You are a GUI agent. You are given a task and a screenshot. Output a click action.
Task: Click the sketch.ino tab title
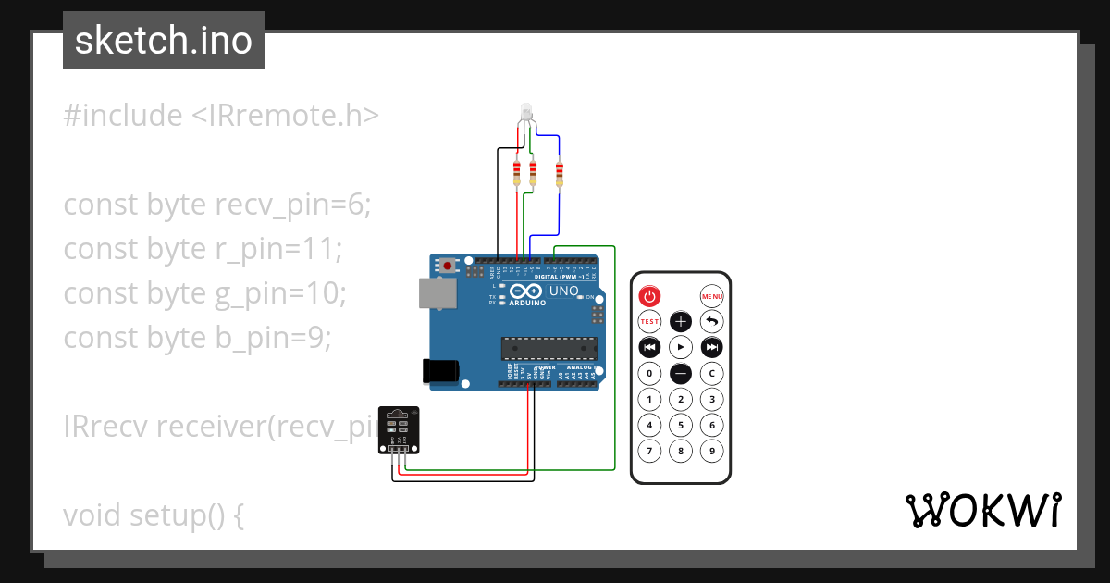pyautogui.click(x=164, y=41)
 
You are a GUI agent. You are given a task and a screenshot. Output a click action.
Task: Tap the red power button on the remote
pyautogui.click(x=649, y=296)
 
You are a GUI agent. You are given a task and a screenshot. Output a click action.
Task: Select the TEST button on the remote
pyautogui.click(x=649, y=322)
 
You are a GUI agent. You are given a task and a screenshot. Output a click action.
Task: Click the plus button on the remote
pyautogui.click(x=681, y=322)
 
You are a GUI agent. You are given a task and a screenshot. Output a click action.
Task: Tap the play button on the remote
pyautogui.click(x=681, y=347)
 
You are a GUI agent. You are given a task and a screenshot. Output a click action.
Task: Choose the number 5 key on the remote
pyautogui.click(x=681, y=426)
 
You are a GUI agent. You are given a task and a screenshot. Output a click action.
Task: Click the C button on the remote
pyautogui.click(x=711, y=373)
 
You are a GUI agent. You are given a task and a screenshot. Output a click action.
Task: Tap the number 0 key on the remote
pyautogui.click(x=649, y=373)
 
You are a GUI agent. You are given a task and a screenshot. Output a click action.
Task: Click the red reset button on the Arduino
pyautogui.click(x=449, y=266)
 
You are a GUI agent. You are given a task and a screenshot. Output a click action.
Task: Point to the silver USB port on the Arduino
pyautogui.click(x=437, y=293)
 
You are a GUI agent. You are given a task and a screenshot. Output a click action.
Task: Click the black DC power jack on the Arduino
pyautogui.click(x=439, y=370)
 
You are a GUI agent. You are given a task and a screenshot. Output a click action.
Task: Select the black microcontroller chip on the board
pyautogui.click(x=549, y=348)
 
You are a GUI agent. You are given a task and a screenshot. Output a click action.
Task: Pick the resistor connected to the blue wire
pyautogui.click(x=559, y=173)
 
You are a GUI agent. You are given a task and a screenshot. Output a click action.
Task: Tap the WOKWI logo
pyautogui.click(x=982, y=511)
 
